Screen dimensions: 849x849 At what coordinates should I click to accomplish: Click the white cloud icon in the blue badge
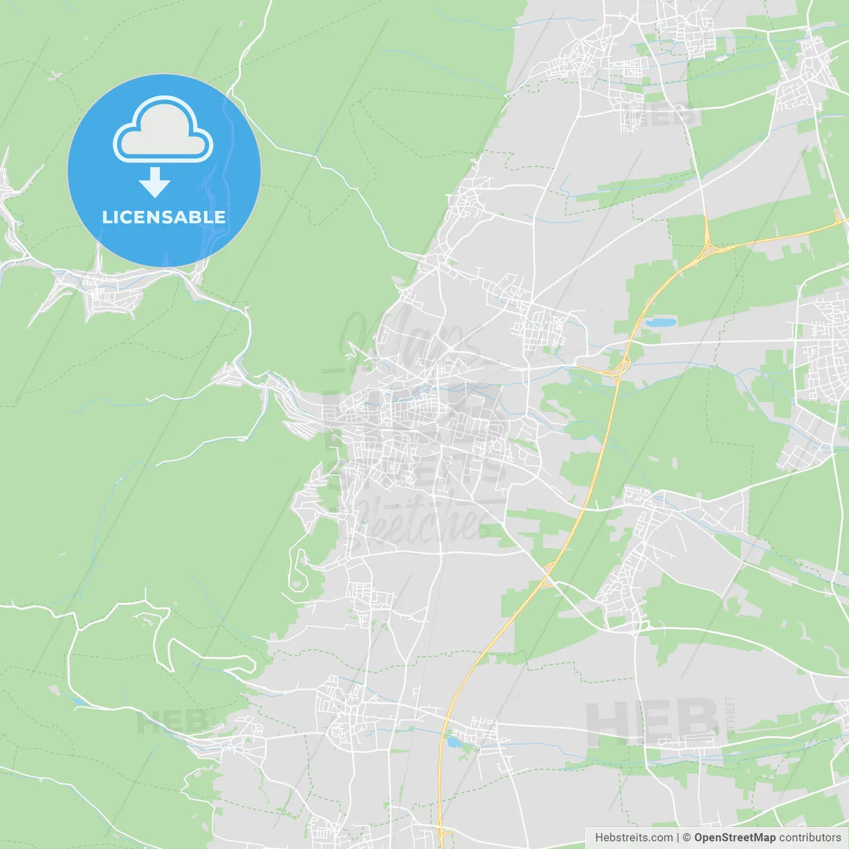(x=163, y=131)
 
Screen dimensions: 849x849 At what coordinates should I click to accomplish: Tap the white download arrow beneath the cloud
(x=155, y=183)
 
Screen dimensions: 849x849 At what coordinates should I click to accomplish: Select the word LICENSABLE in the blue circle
(x=164, y=217)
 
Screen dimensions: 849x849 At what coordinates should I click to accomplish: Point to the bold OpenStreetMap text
(x=735, y=838)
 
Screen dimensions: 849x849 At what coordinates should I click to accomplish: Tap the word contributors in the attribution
(x=810, y=838)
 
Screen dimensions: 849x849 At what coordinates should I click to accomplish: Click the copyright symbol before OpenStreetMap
(x=687, y=838)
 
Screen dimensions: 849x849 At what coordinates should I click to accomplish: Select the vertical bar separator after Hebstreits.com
(x=678, y=838)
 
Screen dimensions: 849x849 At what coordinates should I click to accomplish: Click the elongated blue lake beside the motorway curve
(x=661, y=323)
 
